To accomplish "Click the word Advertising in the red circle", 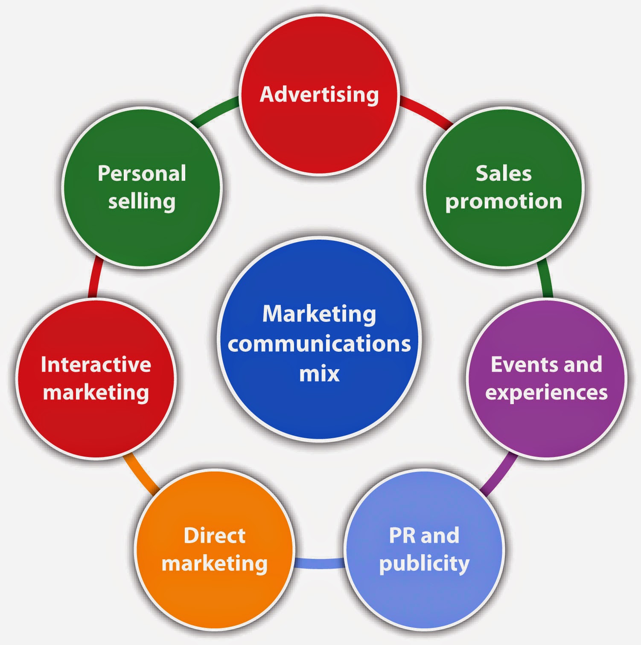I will tap(319, 94).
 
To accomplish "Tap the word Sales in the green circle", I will tap(504, 174).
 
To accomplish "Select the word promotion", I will tap(504, 202).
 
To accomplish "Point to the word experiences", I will tap(546, 393).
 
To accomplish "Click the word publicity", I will tap(424, 564).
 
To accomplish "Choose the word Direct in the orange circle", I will tap(214, 535).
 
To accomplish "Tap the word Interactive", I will tap(96, 364).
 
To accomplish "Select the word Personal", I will tap(142, 174).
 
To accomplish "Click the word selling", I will tap(142, 202).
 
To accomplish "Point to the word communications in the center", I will tap(319, 344).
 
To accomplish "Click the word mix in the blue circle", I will tap(319, 373).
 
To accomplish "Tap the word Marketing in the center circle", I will tap(319, 314).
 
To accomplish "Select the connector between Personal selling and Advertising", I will tap(214, 111).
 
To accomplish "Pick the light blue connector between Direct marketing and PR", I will tap(319, 563).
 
